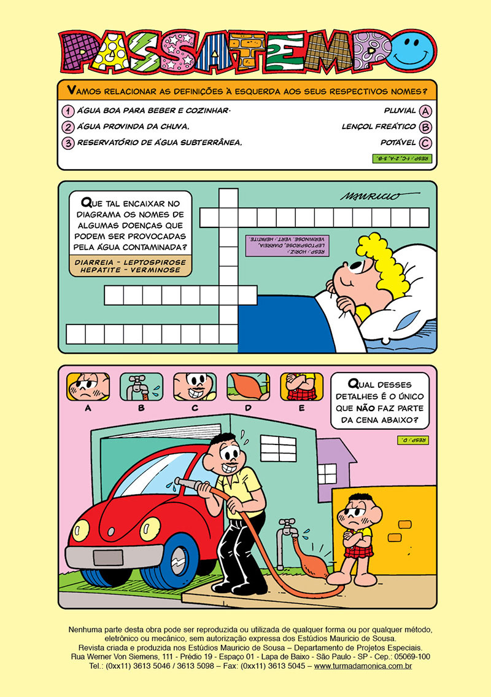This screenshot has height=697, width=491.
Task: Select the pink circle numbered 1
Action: [68, 111]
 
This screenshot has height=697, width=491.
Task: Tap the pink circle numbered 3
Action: [68, 143]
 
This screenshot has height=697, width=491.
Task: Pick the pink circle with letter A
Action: [426, 111]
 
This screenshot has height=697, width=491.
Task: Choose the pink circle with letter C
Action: [426, 143]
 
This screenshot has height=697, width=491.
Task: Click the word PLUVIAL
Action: [399, 111]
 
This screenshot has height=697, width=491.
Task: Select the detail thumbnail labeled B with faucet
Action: [141, 386]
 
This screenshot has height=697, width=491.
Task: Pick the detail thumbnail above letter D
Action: [248, 386]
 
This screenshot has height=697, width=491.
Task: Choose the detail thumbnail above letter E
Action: [301, 386]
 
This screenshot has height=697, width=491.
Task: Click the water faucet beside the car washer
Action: [285, 527]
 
